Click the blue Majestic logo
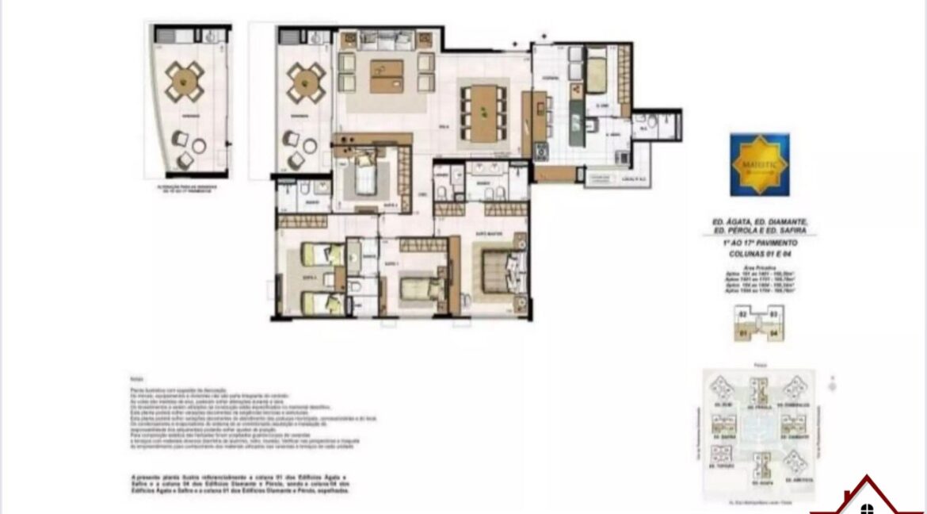(x=759, y=165)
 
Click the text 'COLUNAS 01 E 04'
(x=759, y=253)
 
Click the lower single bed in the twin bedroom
(x=322, y=301)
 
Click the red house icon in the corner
(x=868, y=498)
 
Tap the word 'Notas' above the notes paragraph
(x=137, y=380)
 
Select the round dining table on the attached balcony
(x=305, y=79)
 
